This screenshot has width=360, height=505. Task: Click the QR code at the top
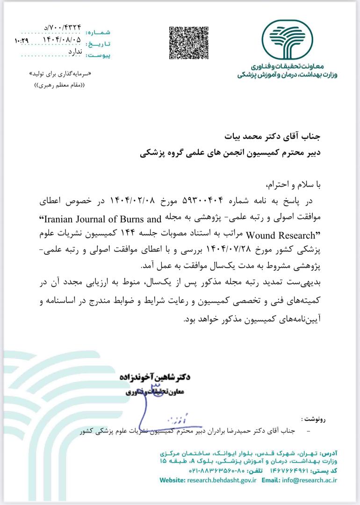pos(187,43)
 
